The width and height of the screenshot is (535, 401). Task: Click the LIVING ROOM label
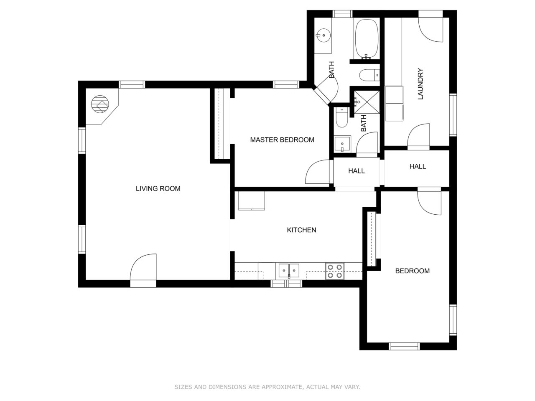pyautogui.click(x=158, y=188)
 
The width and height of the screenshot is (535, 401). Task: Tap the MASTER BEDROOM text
pyautogui.click(x=282, y=140)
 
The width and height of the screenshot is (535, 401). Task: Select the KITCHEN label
pyautogui.click(x=301, y=230)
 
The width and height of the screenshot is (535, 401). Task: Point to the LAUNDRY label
pyautogui.click(x=420, y=84)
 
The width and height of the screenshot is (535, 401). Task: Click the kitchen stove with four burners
pyautogui.click(x=335, y=271)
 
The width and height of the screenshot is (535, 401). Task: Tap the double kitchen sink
pyautogui.click(x=289, y=271)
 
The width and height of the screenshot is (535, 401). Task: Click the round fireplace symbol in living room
pyautogui.click(x=100, y=104)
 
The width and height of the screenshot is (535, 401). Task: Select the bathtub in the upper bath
pyautogui.click(x=367, y=39)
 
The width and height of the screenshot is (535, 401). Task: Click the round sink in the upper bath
pyautogui.click(x=323, y=36)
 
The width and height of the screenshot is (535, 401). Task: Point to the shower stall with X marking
pyautogui.click(x=367, y=102)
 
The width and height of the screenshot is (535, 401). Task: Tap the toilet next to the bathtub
pyautogui.click(x=369, y=75)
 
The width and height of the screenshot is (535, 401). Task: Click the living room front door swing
pyautogui.click(x=143, y=267)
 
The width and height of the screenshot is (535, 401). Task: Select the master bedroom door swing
pyautogui.click(x=317, y=172)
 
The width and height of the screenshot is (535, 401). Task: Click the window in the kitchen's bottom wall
pyautogui.click(x=286, y=284)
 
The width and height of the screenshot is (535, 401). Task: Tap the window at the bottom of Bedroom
pyautogui.click(x=404, y=346)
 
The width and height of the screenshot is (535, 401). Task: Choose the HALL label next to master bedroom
pyautogui.click(x=357, y=171)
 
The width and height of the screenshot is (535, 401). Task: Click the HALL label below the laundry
pyautogui.click(x=418, y=166)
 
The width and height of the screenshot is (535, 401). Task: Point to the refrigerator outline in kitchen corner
pyautogui.click(x=252, y=200)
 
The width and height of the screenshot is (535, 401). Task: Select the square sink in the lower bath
pyautogui.click(x=342, y=144)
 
